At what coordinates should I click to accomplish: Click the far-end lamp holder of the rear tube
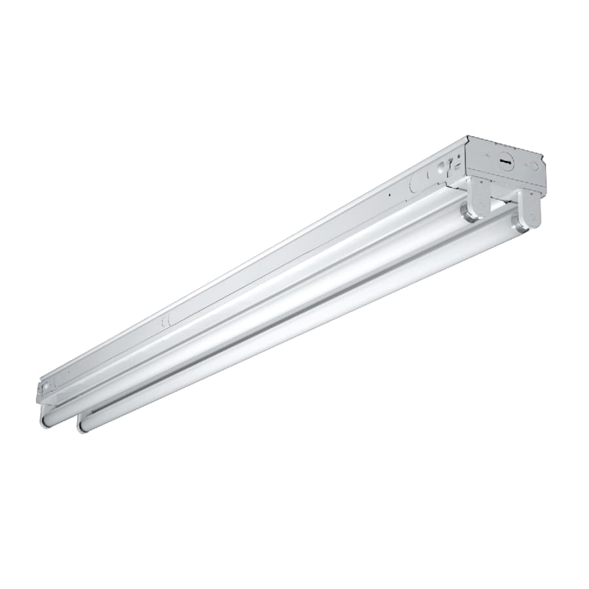(480, 197)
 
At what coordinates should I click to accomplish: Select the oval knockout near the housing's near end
(166, 319)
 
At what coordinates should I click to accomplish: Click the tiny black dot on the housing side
(389, 194)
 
